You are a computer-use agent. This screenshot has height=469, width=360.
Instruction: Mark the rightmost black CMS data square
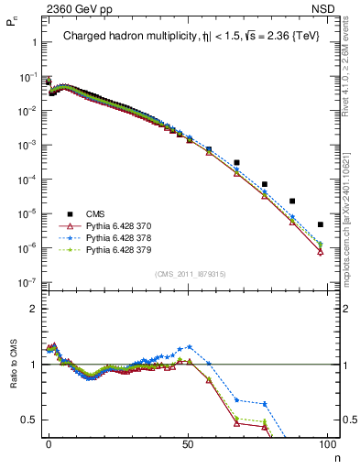tap(320, 224)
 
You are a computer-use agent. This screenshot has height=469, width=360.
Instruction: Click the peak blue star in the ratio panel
tap(190, 347)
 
